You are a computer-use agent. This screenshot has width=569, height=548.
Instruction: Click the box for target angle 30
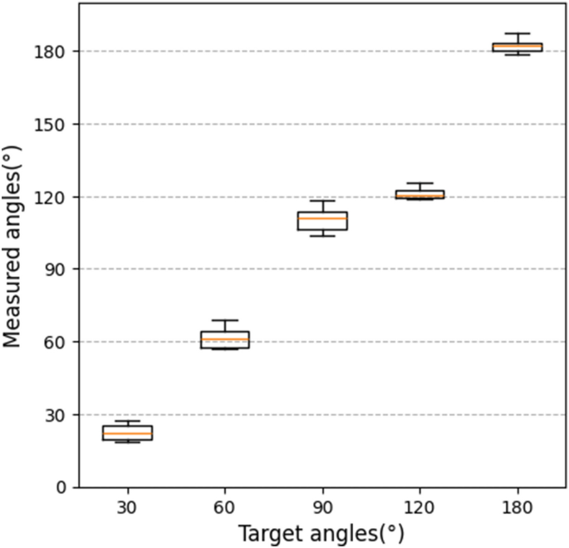127,432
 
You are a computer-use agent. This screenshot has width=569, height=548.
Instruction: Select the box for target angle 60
224,339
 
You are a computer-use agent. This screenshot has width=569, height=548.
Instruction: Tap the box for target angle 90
322,220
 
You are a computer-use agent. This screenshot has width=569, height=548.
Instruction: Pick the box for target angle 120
419,194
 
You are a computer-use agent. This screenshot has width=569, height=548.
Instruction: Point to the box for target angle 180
517,47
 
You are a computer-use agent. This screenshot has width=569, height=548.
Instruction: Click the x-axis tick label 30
127,506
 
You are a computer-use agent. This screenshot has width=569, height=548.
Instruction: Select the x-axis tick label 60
224,506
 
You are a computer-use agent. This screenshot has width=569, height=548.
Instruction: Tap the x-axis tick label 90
322,506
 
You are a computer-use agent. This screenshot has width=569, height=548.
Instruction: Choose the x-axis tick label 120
419,506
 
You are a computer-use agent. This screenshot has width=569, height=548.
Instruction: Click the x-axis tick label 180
517,506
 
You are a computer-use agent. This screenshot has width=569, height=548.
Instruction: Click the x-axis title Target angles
322,531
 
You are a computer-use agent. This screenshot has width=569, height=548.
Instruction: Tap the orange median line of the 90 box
322,219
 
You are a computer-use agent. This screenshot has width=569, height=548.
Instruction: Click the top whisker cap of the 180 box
517,33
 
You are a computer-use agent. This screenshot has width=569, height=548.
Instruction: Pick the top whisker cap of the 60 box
224,320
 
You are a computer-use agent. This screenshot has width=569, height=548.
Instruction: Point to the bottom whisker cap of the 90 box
322,236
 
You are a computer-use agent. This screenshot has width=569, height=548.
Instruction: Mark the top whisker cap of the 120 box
419,183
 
